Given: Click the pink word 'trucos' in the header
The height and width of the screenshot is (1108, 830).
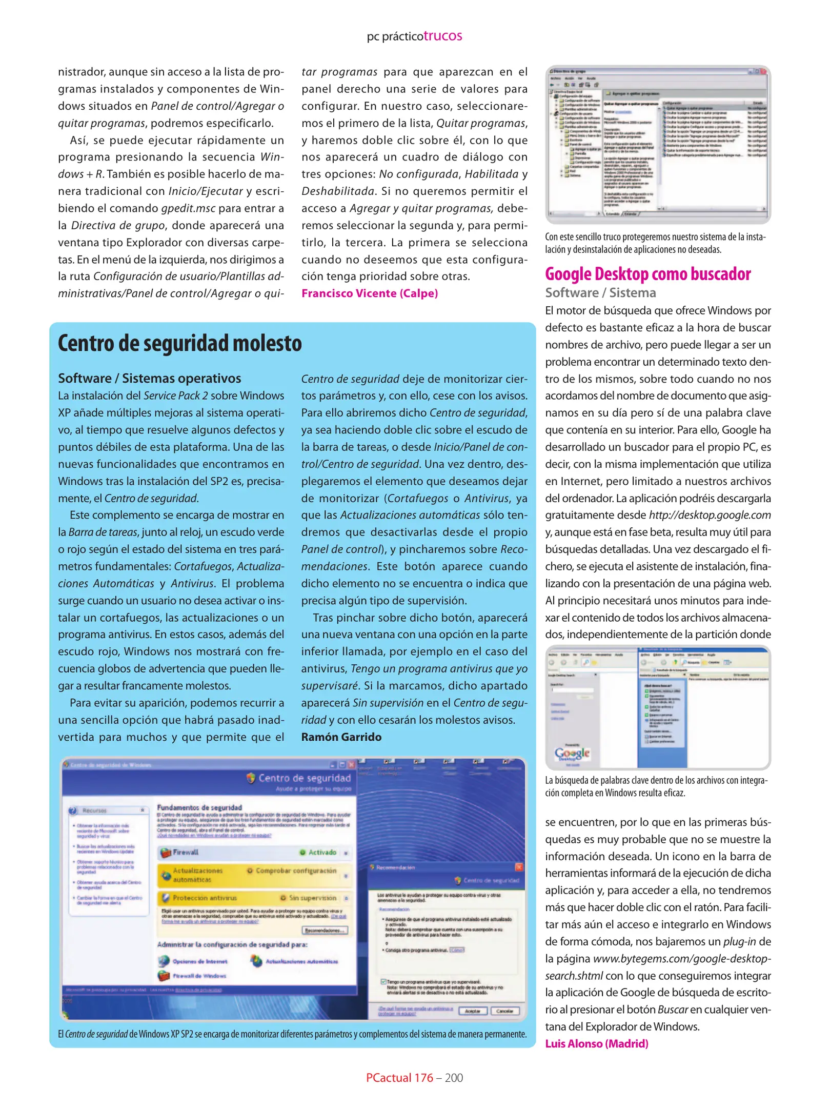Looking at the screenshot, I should tap(442, 36).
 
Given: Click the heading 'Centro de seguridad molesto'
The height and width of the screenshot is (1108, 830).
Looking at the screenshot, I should tap(180, 343).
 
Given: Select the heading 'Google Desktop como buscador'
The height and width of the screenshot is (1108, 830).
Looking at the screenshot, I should tap(647, 274).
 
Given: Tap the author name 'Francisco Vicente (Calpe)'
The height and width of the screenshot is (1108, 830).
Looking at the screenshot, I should tap(369, 293).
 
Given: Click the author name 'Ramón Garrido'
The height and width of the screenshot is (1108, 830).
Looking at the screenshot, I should tap(341, 737).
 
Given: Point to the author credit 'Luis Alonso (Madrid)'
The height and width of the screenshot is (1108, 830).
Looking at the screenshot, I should tap(596, 1043).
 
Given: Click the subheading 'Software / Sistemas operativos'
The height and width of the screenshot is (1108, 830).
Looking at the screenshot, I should tap(149, 378).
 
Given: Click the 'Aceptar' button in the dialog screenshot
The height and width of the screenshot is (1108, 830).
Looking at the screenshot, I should tap(472, 1011).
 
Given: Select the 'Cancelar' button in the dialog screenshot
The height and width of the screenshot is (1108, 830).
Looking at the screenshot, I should tap(504, 1011).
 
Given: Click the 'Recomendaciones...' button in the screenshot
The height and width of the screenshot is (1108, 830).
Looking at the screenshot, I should tap(325, 930).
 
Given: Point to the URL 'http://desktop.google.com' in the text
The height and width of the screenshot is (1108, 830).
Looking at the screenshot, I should tap(710, 515).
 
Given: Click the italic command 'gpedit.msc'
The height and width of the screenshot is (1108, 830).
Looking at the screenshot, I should tap(188, 208).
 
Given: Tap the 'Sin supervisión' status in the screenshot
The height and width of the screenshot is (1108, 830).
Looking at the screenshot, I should tap(313, 898).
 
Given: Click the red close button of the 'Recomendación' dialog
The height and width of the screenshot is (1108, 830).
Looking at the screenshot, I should tap(519, 867).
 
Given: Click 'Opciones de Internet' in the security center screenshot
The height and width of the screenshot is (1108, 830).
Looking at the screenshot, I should tap(199, 961).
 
